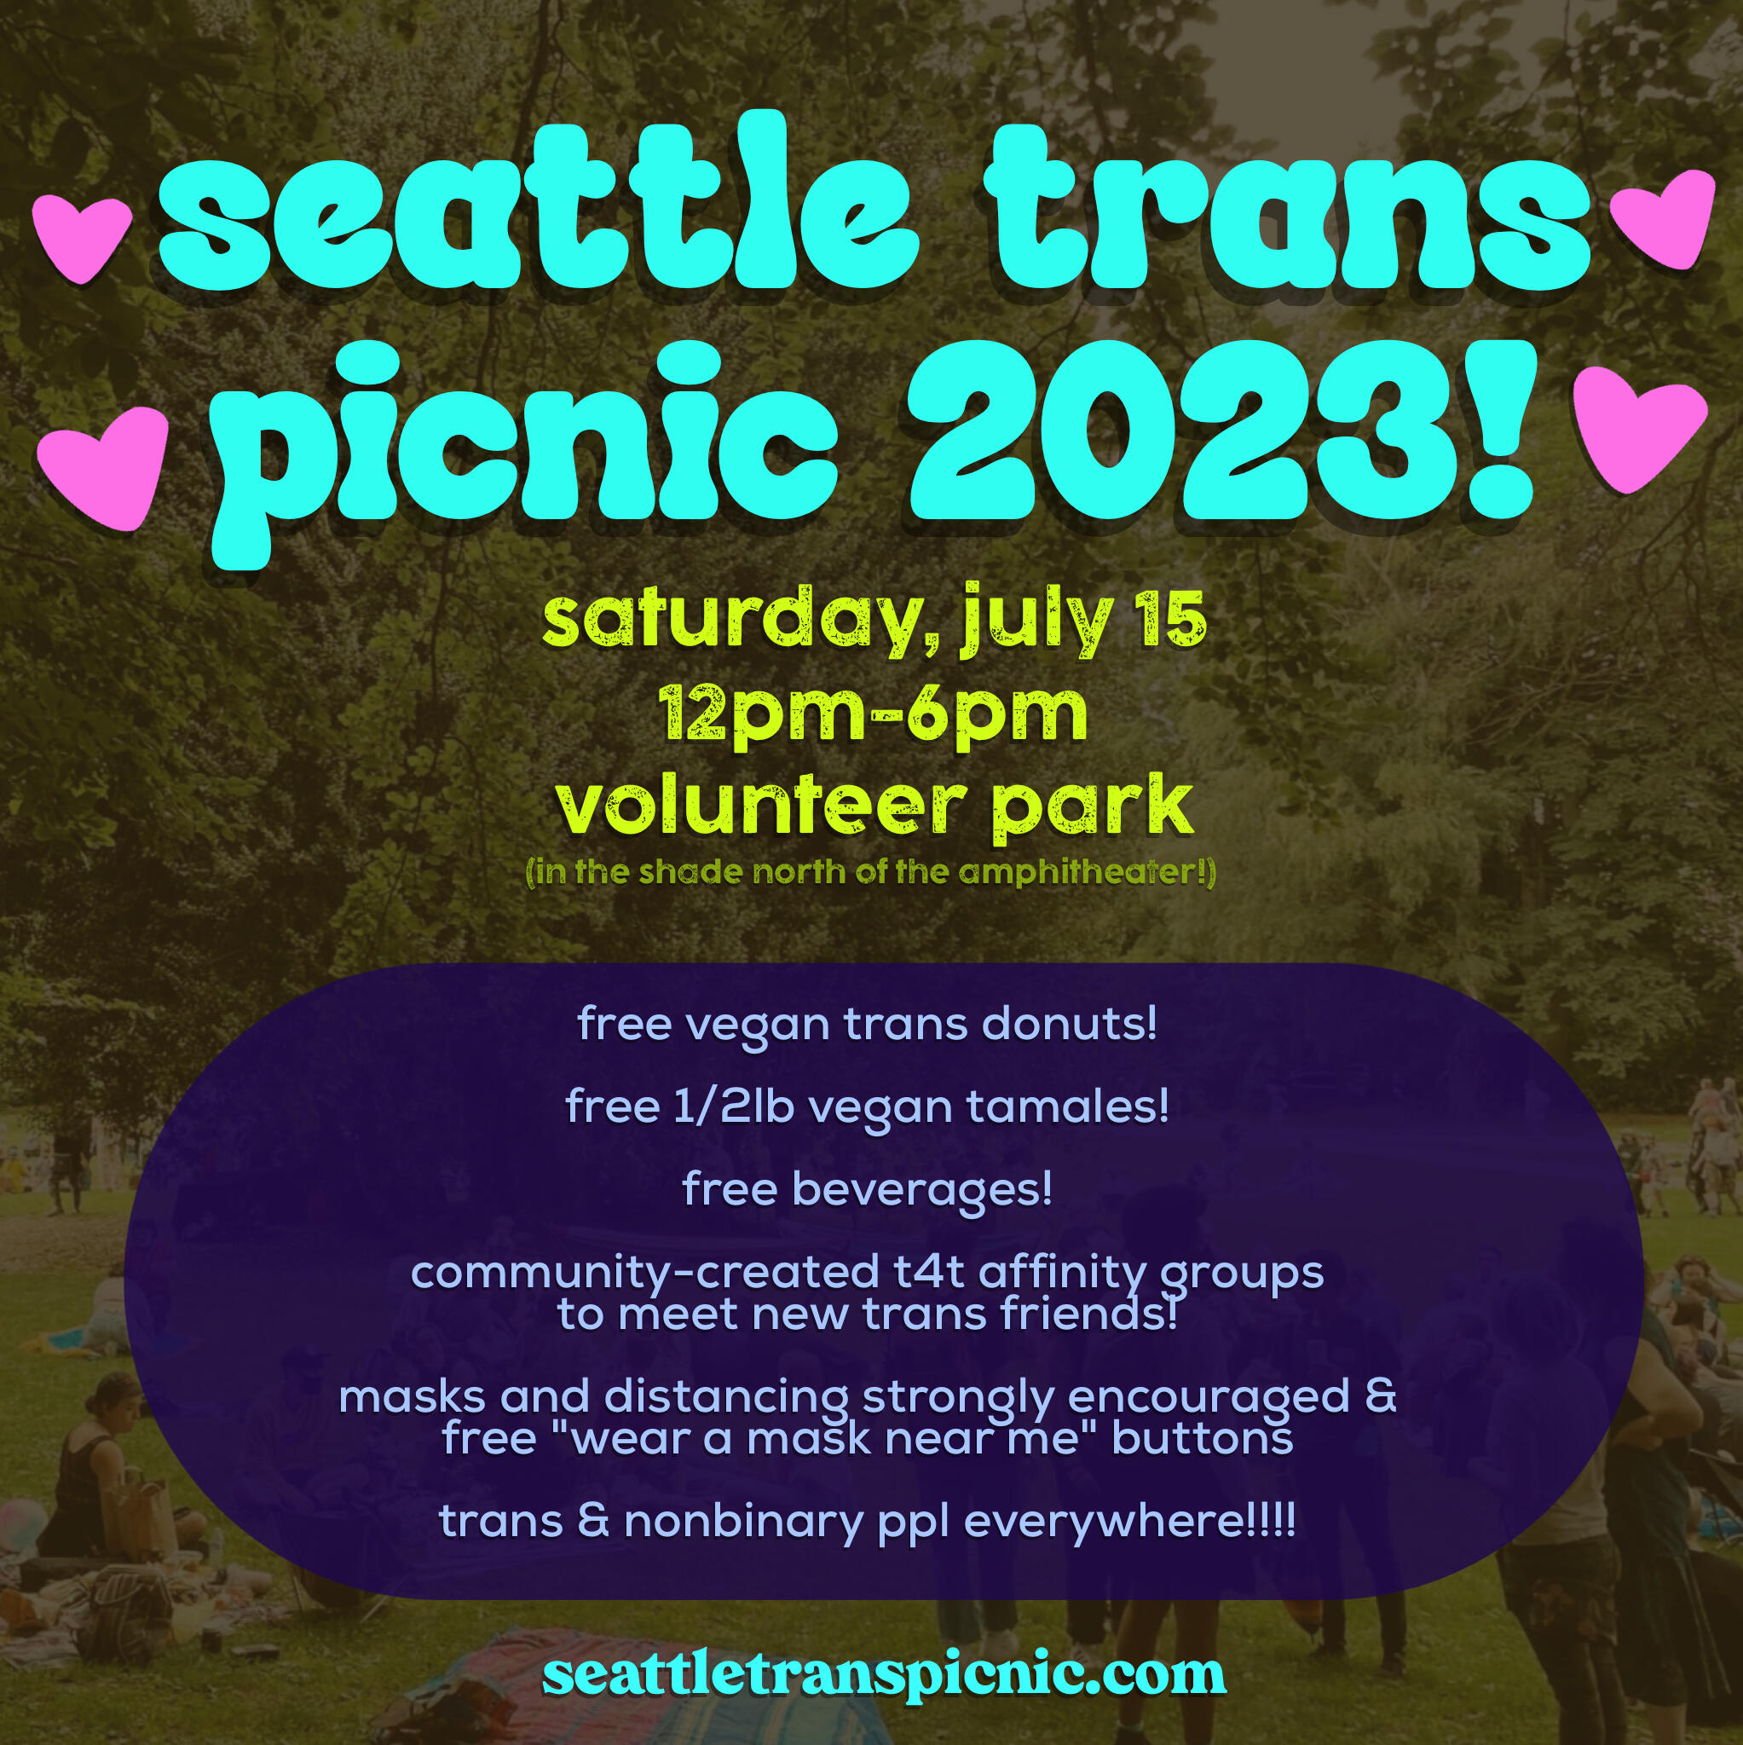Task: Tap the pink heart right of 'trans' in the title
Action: click(x=1665, y=217)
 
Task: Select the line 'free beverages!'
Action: click(x=867, y=1188)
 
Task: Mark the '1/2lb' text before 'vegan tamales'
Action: click(x=733, y=1106)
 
